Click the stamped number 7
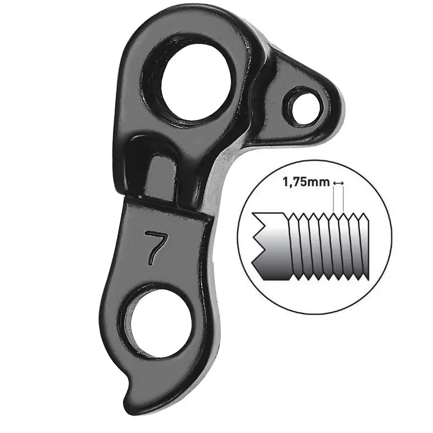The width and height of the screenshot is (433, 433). (x=155, y=247)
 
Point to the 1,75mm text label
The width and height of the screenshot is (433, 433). (x=306, y=182)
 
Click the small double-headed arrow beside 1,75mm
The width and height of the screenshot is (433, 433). (x=339, y=182)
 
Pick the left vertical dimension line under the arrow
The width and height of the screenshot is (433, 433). (x=334, y=199)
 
